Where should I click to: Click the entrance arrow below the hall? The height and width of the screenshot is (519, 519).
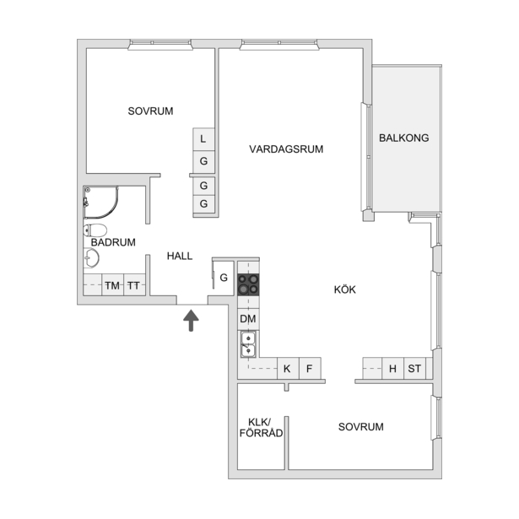pos(191,320)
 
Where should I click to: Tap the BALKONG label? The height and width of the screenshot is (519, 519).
pos(404,138)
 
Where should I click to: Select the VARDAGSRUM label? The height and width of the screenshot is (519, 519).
pos(286,149)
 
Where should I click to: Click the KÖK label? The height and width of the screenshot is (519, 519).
pos(345,289)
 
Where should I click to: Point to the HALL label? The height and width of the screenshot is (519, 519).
pos(180,256)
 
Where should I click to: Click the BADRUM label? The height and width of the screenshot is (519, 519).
pos(113,242)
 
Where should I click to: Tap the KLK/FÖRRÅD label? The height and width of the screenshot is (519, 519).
pos(261,427)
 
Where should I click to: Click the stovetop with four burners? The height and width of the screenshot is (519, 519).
pos(248,284)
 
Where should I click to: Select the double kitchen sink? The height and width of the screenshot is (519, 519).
pos(248,344)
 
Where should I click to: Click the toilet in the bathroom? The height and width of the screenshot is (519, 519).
pos(95,230)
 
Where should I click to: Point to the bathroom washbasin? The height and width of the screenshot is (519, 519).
pos(91,258)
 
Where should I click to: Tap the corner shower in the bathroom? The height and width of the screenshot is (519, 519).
pos(100,203)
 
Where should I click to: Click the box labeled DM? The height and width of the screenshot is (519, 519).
pos(248,319)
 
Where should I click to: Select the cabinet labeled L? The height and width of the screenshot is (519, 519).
pos(203,139)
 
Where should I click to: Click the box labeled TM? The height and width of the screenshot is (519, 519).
pos(112,284)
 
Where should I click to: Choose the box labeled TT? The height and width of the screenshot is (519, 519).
pos(134,284)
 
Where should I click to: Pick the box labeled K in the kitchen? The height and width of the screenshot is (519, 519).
pos(288,368)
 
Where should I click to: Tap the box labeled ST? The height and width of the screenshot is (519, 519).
pos(414,368)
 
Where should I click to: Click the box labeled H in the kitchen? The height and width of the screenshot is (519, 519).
pos(393,368)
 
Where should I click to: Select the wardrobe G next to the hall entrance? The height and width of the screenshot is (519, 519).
pos(224,278)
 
